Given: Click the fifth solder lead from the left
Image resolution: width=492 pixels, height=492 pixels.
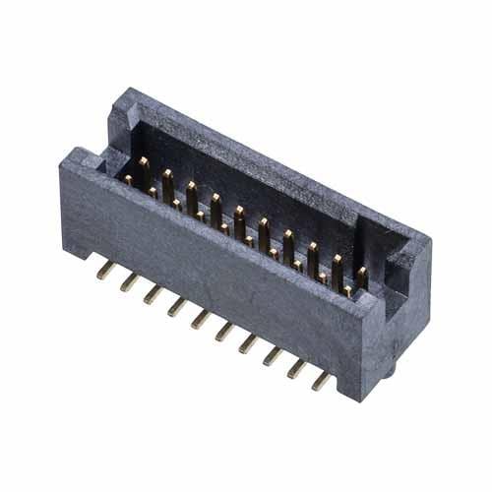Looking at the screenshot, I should (x=201, y=318).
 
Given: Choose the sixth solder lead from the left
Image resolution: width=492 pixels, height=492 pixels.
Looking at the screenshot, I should (x=224, y=331).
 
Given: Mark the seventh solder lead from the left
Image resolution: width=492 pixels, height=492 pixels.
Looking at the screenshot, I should (x=249, y=343).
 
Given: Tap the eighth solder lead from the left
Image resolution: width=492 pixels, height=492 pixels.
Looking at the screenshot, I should (x=273, y=355).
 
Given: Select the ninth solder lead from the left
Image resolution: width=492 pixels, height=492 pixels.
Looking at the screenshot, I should (x=297, y=368).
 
